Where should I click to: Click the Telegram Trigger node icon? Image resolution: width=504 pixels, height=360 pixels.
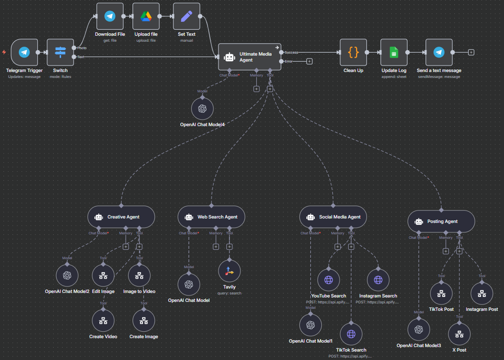pyautogui.click(x=24, y=52)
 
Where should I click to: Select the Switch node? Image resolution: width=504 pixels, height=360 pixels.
pyautogui.click(x=60, y=52)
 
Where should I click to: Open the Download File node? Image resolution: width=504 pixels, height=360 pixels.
pyautogui.click(x=110, y=16)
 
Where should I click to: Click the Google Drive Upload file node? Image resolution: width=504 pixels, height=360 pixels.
pyautogui.click(x=146, y=16)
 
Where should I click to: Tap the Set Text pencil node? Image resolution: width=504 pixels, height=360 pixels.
pyautogui.click(x=186, y=16)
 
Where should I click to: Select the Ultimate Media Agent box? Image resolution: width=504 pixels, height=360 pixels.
pyautogui.click(x=249, y=57)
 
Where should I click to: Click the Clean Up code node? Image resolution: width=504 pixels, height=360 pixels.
pyautogui.click(x=353, y=52)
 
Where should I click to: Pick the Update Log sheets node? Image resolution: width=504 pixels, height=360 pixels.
pyautogui.click(x=394, y=52)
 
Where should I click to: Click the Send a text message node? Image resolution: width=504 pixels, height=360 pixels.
pyautogui.click(x=438, y=52)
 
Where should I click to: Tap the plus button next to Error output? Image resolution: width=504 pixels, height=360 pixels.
pyautogui.click(x=309, y=62)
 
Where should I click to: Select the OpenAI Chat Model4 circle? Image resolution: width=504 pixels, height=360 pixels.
pyautogui.click(x=202, y=108)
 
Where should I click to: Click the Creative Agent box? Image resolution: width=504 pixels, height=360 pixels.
pyautogui.click(x=121, y=217)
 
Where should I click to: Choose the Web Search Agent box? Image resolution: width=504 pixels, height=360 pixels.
pyautogui.click(x=211, y=217)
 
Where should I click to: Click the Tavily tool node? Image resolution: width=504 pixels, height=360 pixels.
pyautogui.click(x=229, y=271)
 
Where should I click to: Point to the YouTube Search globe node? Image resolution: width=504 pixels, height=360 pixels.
pyautogui.click(x=328, y=280)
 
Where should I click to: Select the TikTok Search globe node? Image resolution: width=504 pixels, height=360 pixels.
pyautogui.click(x=351, y=334)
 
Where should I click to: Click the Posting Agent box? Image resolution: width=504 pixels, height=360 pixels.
pyautogui.click(x=441, y=221)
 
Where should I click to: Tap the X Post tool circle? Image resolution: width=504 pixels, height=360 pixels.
pyautogui.click(x=459, y=334)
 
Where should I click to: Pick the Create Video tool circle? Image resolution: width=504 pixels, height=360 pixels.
pyautogui.click(x=103, y=321)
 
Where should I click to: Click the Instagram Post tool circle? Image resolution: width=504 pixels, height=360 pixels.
pyautogui.click(x=482, y=293)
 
